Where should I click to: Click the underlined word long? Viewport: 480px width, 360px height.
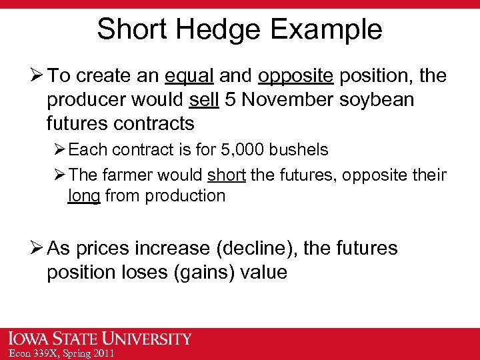click(x=84, y=196)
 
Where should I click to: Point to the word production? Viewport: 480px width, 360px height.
click(x=185, y=196)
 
